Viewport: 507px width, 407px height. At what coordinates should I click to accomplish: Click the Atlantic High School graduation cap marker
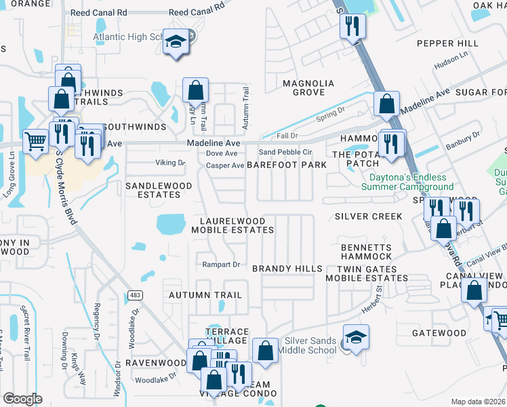point(176,43)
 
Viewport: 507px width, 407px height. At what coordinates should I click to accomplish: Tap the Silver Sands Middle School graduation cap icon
point(356,337)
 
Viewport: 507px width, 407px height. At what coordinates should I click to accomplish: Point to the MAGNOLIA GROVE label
point(308,88)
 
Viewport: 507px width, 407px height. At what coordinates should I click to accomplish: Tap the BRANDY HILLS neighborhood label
point(287,269)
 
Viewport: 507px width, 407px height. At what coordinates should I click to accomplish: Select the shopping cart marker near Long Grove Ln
point(35,142)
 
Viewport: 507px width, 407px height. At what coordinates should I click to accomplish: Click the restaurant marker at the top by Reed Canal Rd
point(352,26)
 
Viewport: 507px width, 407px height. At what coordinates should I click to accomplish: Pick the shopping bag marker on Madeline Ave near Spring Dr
point(386,104)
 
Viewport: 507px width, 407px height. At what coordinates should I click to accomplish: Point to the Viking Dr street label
point(171,163)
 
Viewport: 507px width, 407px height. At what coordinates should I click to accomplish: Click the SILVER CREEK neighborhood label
point(368,216)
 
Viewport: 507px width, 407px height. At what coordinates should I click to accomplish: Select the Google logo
point(23,398)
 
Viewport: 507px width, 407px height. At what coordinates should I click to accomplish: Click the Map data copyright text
point(479,402)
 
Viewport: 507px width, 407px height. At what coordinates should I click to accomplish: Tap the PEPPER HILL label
point(447,43)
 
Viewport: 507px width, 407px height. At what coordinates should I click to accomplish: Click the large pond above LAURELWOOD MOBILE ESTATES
point(171,224)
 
